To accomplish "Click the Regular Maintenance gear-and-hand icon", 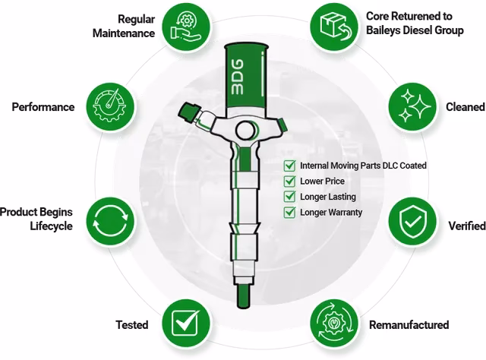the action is click(x=186, y=27).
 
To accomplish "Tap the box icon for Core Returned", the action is click(x=334, y=27).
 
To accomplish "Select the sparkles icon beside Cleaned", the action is click(x=413, y=106).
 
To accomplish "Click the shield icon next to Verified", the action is click(x=413, y=222).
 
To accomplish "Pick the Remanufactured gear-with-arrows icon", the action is click(x=334, y=324).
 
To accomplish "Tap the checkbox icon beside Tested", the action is click(x=186, y=324).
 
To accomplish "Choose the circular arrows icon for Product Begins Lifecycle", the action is click(x=111, y=222).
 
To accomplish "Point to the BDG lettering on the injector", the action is click(x=238, y=77).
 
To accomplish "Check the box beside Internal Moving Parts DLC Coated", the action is click(x=289, y=166).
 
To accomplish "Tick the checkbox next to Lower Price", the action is click(x=289, y=181).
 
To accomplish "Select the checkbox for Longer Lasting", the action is click(x=289, y=196).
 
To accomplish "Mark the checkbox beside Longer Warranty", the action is click(x=289, y=212).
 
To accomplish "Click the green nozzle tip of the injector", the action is click(x=243, y=296).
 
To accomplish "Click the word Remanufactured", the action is click(x=409, y=324).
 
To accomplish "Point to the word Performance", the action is click(x=43, y=107).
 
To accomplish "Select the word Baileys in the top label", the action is click(x=383, y=30).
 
